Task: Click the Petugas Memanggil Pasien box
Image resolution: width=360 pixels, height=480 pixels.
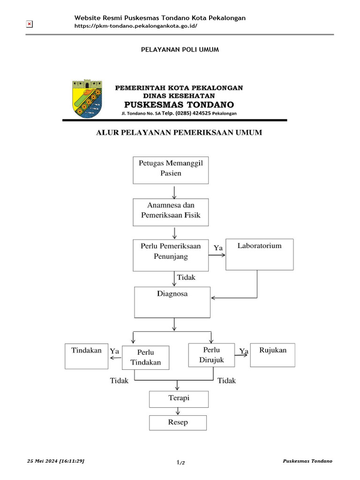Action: (x=171, y=170)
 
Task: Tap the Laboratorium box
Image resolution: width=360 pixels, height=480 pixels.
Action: (x=260, y=254)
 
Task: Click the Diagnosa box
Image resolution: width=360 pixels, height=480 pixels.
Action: (x=172, y=302)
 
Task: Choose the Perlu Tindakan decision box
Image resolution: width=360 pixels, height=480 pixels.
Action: (x=146, y=358)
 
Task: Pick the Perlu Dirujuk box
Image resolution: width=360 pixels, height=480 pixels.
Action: (x=211, y=355)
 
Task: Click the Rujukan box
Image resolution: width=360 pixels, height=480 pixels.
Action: (x=272, y=355)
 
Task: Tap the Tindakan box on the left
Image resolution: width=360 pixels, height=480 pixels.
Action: (x=86, y=355)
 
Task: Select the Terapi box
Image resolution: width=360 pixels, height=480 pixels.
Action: (x=179, y=399)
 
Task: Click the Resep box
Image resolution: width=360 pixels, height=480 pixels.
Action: (x=178, y=423)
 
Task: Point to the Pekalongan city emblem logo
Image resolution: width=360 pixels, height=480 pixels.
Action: (x=87, y=98)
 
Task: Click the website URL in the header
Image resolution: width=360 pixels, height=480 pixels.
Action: (x=136, y=26)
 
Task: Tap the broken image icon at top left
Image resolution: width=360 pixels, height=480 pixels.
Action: (x=29, y=24)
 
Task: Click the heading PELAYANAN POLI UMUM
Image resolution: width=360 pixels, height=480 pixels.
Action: (x=180, y=49)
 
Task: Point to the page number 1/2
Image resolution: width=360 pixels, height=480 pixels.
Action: (x=180, y=463)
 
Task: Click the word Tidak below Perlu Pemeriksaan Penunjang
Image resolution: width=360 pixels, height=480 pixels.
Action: (x=186, y=277)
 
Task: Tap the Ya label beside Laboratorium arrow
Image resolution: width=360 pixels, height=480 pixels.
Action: (x=218, y=247)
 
